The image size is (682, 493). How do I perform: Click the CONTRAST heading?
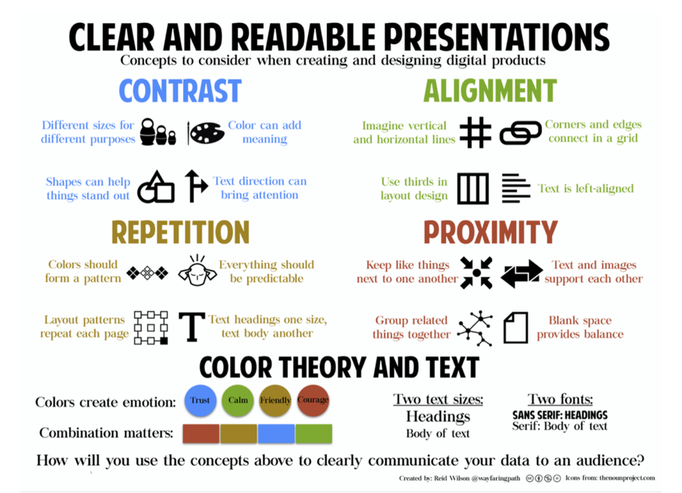coord(180,91)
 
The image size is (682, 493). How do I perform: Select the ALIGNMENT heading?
coord(490,91)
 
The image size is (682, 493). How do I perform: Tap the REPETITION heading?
coord(180,232)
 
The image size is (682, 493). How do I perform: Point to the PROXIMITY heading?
coord(490,232)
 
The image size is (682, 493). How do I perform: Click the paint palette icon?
coord(206,133)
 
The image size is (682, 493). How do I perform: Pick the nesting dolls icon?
coord(158,133)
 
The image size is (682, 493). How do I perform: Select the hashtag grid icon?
coord(474,133)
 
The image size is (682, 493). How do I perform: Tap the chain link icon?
coord(520,133)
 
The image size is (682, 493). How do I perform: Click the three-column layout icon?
coord(473,188)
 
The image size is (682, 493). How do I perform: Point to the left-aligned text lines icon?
coord(515,188)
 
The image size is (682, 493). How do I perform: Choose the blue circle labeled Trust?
coord(201,400)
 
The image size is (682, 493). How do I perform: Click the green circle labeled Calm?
coord(238,400)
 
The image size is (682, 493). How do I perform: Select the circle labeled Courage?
coord(313,400)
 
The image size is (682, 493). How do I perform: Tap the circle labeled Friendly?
coord(275,400)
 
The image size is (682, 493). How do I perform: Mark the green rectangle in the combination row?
coord(313,433)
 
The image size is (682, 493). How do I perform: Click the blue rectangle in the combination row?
coord(276,433)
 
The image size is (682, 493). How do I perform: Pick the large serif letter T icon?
coord(191,327)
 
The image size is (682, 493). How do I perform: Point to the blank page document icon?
coord(515,327)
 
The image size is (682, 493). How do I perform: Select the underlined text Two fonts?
coord(560,400)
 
